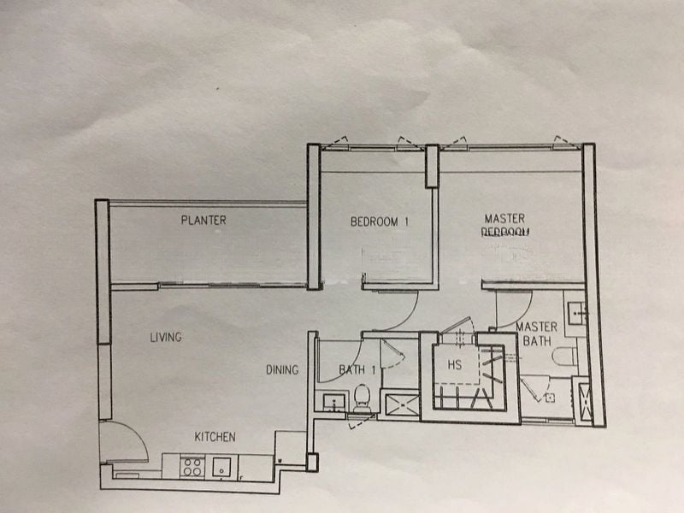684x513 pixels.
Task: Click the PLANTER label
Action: pyautogui.click(x=203, y=221)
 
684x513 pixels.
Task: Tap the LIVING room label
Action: pyautogui.click(x=165, y=338)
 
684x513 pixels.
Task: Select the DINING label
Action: pyautogui.click(x=281, y=370)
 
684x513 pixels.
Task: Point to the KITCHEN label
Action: pyautogui.click(x=215, y=437)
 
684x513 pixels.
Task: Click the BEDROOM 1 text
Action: pyautogui.click(x=380, y=222)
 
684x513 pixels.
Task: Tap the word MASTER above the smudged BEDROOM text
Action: pyautogui.click(x=504, y=219)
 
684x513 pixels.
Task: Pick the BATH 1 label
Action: pyautogui.click(x=357, y=370)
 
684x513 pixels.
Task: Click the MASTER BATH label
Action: pyautogui.click(x=536, y=334)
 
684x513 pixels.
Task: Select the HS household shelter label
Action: pyautogui.click(x=455, y=365)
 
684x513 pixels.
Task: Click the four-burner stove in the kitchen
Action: pyautogui.click(x=192, y=467)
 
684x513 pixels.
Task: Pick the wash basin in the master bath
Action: pyautogui.click(x=575, y=311)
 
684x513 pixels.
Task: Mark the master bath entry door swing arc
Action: pyautogui.click(x=516, y=310)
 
